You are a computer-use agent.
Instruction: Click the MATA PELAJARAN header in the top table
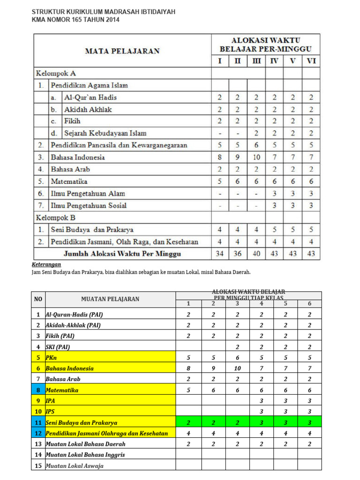(122, 51)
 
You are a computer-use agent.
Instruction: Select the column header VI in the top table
(311, 61)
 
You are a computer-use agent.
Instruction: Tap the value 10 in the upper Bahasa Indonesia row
(256, 157)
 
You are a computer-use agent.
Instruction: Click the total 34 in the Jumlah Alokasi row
(219, 254)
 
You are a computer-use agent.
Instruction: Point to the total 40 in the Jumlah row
(256, 254)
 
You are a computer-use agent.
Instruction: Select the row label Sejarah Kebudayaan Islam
(105, 134)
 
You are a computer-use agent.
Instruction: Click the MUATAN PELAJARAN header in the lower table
(110, 299)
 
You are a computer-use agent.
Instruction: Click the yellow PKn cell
(51, 357)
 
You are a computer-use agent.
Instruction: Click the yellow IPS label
(51, 412)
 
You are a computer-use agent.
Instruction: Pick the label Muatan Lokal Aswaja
(75, 465)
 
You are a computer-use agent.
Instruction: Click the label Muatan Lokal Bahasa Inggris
(85, 455)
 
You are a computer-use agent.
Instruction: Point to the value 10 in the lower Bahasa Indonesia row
(238, 368)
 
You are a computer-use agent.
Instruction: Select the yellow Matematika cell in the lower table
(62, 390)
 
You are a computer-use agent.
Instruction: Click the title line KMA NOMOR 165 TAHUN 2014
(75, 20)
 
